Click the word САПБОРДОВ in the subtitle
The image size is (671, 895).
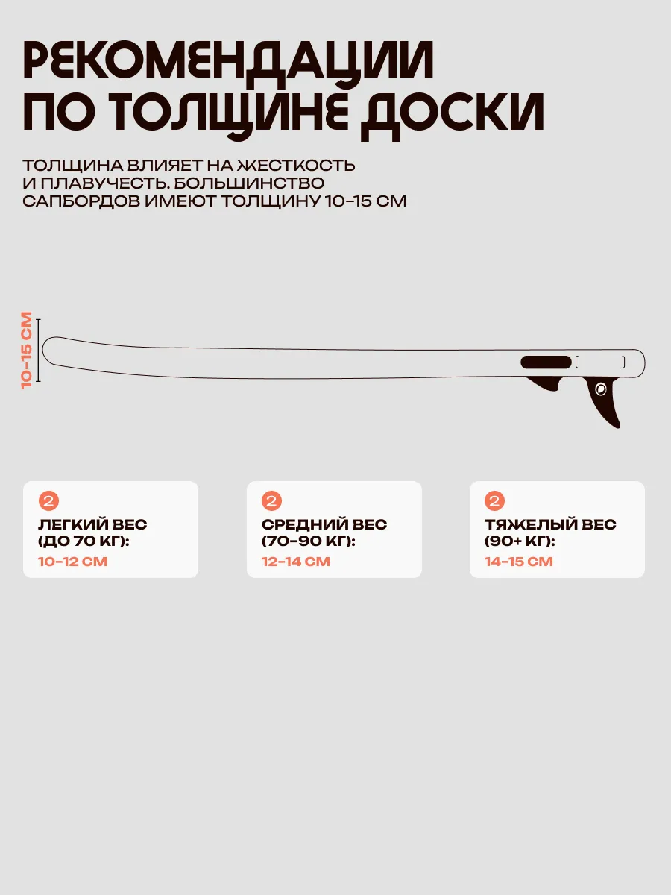pos(81,201)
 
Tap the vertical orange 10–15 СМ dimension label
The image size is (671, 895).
pos(27,351)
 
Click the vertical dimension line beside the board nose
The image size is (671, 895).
pos(38,351)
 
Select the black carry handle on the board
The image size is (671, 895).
pos(546,362)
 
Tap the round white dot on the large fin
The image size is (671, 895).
pos(601,389)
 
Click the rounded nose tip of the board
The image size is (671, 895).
pos(43,350)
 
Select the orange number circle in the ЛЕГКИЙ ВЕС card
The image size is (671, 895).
pos(49,500)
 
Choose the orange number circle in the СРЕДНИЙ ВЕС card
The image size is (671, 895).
pos(271,500)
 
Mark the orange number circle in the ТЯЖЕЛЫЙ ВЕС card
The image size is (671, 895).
pos(494,500)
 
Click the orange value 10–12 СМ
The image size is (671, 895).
pos(73,562)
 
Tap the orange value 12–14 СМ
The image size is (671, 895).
pos(296,562)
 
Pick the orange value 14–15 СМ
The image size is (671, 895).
pos(519,562)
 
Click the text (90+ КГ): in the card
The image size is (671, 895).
pos(520,541)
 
